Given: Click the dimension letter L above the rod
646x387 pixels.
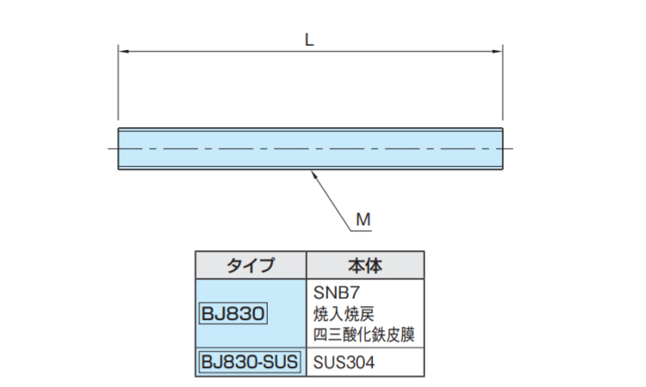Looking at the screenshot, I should pos(309,38).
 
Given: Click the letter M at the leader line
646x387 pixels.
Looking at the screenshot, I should pos(363,220).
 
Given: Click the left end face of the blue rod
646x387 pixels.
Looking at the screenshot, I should pos(119,149).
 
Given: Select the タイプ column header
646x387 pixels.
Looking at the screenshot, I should pos(251,266).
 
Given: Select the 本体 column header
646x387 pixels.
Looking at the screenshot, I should pos(365,266).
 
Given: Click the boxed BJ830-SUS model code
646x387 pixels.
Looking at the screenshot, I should pos(250,362).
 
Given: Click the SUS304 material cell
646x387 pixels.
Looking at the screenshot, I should pos(345,363).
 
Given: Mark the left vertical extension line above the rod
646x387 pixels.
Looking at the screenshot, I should pos(119,86).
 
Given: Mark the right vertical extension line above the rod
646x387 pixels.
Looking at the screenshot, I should pos(503,86).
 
